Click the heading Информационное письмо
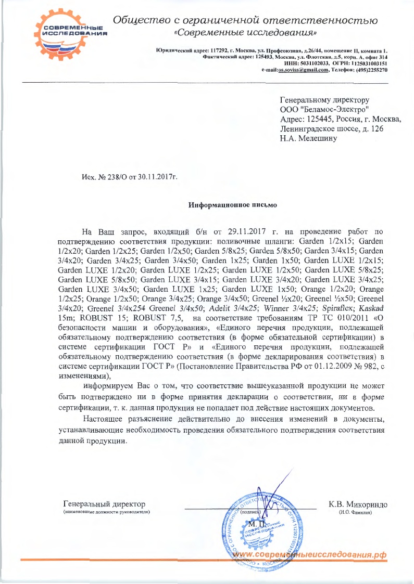point(232,205)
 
